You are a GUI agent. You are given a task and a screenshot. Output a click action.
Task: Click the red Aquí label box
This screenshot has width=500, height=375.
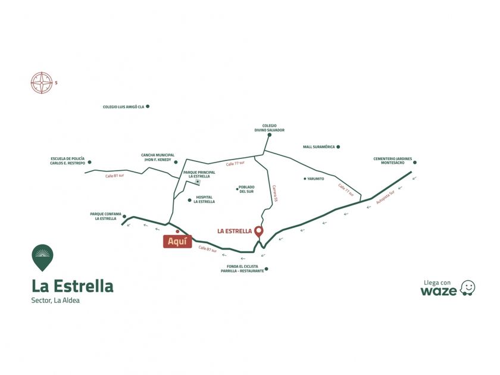pyautogui.click(x=177, y=242)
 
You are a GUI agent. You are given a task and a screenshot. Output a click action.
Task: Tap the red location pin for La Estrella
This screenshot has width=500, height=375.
pyautogui.click(x=258, y=232)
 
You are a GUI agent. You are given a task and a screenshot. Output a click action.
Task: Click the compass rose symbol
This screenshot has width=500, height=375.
pyautogui.click(x=42, y=83)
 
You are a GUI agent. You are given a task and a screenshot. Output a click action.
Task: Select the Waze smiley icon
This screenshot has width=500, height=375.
pyautogui.click(x=467, y=288)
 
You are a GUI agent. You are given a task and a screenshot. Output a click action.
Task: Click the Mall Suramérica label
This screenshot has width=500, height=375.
pyautogui.click(x=319, y=147)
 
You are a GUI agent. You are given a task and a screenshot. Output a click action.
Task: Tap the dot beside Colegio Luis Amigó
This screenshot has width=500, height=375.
pyautogui.click(x=148, y=107)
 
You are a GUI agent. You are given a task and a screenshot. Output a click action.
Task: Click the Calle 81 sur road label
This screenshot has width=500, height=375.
pyautogui.click(x=114, y=176)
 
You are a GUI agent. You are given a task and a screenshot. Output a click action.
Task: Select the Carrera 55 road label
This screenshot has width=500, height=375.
pyautogui.click(x=275, y=193)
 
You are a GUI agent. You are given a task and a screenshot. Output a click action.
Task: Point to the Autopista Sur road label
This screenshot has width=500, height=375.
pyautogui.click(x=385, y=197)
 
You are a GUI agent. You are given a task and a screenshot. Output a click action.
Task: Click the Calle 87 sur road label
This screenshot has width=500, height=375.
pyautogui.click(x=207, y=249)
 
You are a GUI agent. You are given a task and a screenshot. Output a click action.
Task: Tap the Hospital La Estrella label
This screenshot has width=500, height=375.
pyautogui.click(x=204, y=199)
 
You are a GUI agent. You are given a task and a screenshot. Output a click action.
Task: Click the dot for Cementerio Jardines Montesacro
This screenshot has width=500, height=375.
pyautogui.click(x=415, y=162)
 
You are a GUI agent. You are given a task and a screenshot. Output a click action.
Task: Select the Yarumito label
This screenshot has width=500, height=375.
pyautogui.click(x=315, y=179)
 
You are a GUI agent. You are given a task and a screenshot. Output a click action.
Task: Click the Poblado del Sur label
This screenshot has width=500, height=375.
pyautogui.click(x=247, y=189)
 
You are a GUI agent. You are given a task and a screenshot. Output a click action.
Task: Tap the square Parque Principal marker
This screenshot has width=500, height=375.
pyautogui.click(x=198, y=182)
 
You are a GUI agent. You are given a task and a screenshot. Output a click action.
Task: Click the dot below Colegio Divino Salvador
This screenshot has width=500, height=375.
pyautogui.click(x=270, y=135)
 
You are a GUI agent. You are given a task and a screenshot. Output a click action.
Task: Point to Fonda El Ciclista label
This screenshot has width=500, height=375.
pyautogui.click(x=242, y=268)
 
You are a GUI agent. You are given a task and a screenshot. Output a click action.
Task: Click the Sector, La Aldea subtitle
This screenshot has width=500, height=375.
pyautogui.click(x=55, y=301)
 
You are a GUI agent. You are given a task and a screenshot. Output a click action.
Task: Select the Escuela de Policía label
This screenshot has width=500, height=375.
pyautogui.click(x=68, y=161)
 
